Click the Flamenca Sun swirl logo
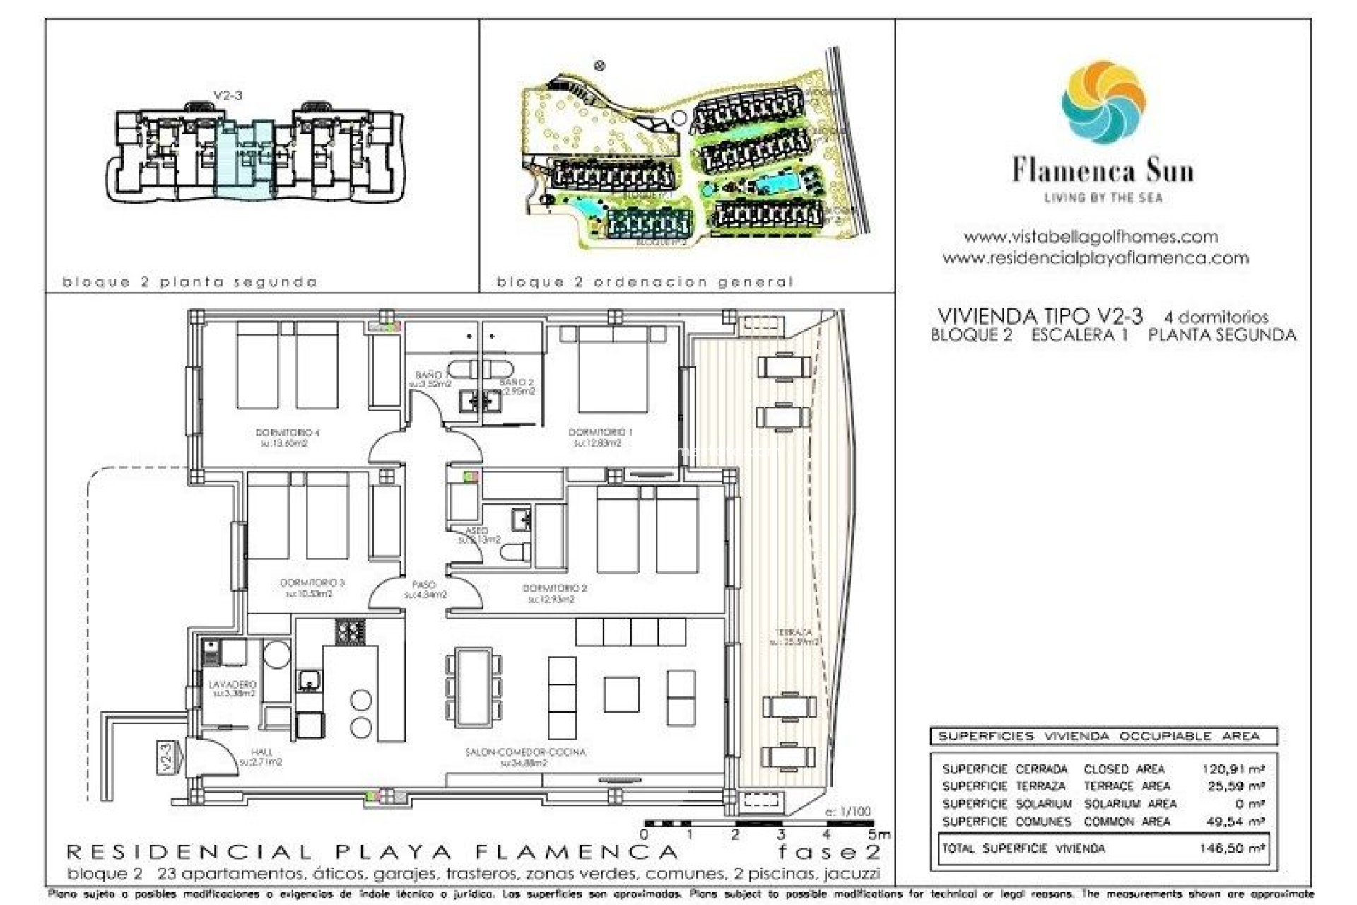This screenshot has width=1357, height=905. (x=1103, y=103)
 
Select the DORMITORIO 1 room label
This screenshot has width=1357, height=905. (x=600, y=432)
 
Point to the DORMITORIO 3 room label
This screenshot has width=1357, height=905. (x=312, y=583)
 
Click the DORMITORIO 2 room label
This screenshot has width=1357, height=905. (x=554, y=588)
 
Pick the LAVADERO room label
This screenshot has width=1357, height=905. (x=233, y=685)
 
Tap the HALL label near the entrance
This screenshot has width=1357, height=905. (x=262, y=752)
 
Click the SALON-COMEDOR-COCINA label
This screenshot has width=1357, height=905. (x=525, y=752)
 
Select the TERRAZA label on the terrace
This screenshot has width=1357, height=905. (x=794, y=632)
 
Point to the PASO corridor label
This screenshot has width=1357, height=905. (x=424, y=585)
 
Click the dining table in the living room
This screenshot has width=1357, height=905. (x=473, y=687)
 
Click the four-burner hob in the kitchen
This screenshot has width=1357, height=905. (x=350, y=631)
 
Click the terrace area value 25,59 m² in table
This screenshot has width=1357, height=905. (x=1235, y=786)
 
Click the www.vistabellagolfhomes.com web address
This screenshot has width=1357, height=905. (x=1091, y=237)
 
